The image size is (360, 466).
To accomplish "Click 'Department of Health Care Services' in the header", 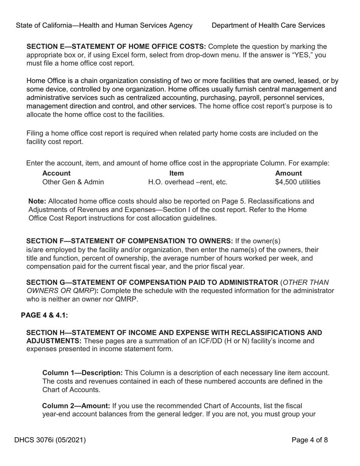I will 268,25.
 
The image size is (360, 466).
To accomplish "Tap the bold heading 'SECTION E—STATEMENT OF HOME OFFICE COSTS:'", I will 116,47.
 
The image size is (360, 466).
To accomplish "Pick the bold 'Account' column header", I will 56,173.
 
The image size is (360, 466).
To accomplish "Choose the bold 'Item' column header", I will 177,173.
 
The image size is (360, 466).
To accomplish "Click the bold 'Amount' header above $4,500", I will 288,173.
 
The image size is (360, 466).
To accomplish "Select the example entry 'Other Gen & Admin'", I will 73,182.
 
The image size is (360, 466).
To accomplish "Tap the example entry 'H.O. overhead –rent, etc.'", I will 188,182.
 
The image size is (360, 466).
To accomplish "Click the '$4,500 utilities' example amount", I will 297,182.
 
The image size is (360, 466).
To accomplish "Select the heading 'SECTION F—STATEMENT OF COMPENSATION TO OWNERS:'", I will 130,241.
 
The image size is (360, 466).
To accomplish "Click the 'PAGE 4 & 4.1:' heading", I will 44,315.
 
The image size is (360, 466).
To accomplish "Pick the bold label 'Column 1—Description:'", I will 82,373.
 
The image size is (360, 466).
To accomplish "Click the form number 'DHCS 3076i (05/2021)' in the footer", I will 50,440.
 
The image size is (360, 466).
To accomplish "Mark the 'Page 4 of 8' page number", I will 310,440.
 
